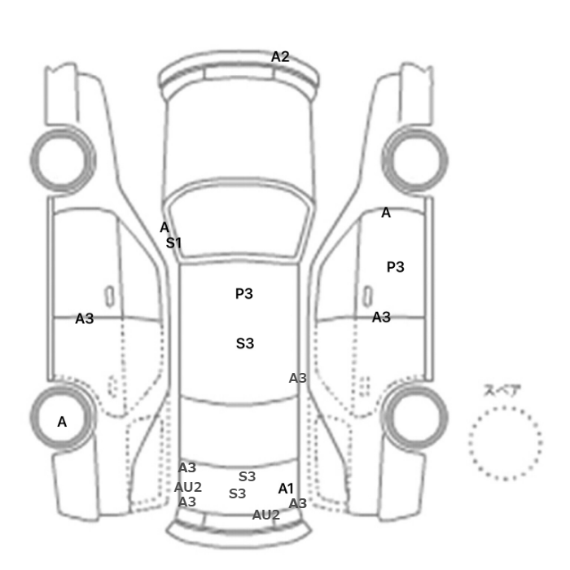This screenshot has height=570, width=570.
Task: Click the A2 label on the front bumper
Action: tap(280, 57)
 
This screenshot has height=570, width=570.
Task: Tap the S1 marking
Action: tap(173, 243)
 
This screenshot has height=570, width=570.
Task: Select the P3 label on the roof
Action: tap(244, 294)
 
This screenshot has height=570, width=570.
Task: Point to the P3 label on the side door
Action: tap(395, 267)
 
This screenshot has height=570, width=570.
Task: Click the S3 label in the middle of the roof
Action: tap(245, 344)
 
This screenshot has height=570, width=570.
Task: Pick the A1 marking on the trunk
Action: tap(286, 489)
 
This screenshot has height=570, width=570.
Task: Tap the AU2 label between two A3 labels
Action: tap(188, 487)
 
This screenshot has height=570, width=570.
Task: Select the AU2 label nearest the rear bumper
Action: tap(266, 515)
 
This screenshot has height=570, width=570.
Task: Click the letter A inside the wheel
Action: tap(62, 422)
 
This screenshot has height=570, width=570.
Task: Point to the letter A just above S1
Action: tap(164, 227)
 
